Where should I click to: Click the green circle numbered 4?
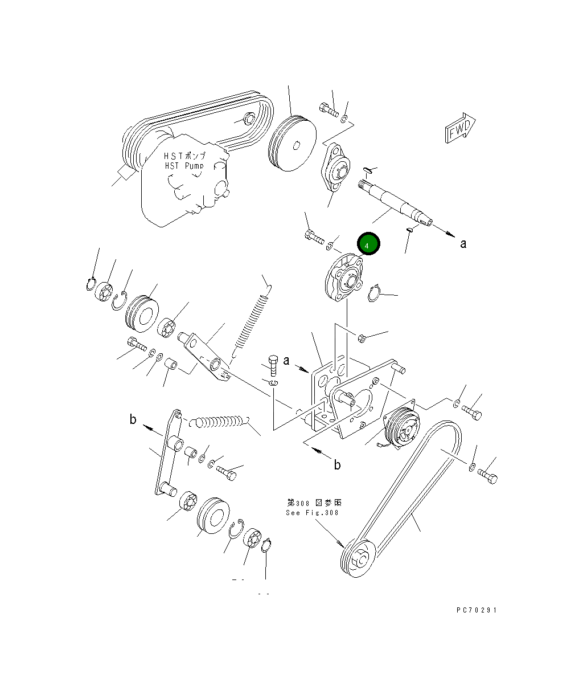(368, 244)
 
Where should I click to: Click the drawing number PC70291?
(477, 610)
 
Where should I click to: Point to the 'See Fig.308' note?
(313, 512)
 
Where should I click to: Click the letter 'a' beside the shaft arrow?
(463, 244)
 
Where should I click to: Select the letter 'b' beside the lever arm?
(133, 420)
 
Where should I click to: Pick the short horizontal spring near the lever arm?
(219, 423)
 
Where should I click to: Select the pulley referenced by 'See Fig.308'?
(357, 558)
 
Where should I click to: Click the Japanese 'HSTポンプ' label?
(184, 156)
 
